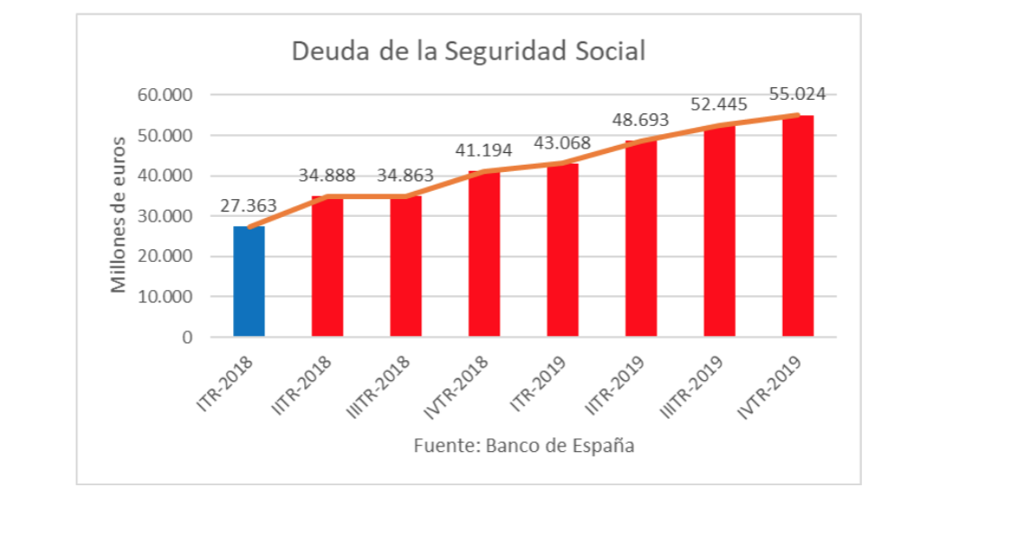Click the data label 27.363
[248, 205]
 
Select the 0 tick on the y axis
[187, 338]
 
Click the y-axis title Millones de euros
[119, 216]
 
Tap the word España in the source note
[603, 446]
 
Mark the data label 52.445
[719, 104]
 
